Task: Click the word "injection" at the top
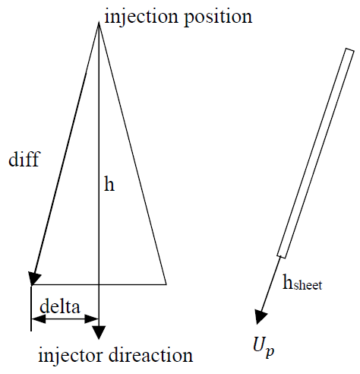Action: (141, 17)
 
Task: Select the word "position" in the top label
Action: (218, 17)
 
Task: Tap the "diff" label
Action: (24, 159)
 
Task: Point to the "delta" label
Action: (60, 306)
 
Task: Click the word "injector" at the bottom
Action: (71, 355)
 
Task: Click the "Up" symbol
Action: (264, 347)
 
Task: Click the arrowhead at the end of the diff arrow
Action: (33, 278)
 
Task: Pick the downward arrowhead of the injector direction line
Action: (99, 332)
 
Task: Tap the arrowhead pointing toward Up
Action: (260, 317)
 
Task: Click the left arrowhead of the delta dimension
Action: (38, 319)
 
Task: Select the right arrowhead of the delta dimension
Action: (92, 319)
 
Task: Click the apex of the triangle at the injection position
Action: (99, 22)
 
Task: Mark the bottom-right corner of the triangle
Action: (166, 284)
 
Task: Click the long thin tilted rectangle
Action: (315, 153)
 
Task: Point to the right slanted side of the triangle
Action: (132, 154)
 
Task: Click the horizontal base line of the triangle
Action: (99, 284)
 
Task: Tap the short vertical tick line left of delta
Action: (31, 309)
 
